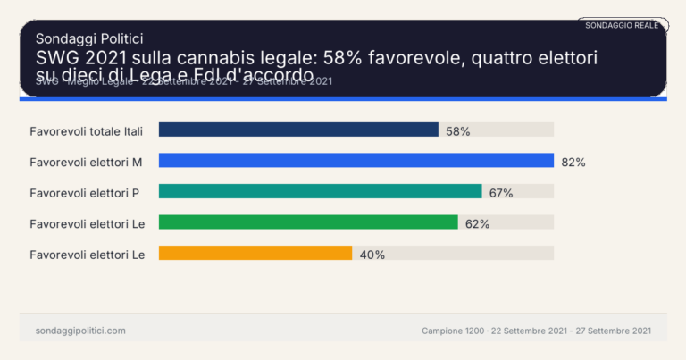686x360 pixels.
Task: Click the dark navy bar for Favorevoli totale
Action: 298,130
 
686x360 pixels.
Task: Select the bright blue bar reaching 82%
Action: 356,161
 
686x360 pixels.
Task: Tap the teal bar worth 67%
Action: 320,191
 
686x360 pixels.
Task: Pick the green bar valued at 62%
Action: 308,222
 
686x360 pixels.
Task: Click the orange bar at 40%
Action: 255,253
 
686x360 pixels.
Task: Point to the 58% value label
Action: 457,130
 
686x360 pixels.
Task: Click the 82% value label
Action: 573,162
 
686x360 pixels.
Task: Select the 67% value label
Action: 499,193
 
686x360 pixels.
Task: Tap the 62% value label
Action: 477,224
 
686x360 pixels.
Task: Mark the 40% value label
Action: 372,255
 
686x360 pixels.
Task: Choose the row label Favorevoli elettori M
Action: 87,162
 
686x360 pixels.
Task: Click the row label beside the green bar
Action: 87,223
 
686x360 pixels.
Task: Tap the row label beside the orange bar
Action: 87,255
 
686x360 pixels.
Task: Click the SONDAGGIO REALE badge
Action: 622,25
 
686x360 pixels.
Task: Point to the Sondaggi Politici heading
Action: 88,38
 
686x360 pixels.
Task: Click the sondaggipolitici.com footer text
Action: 79,331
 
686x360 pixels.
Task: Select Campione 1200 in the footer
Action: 451,331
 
